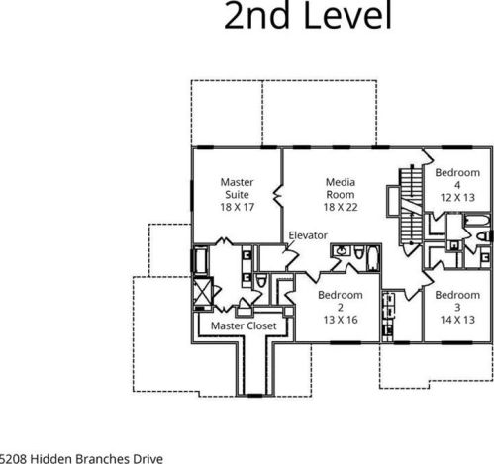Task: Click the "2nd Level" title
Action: (308, 15)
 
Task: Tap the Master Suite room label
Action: (237, 188)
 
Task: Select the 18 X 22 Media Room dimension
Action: (341, 207)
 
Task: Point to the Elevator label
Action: (308, 235)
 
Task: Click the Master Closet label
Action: (244, 325)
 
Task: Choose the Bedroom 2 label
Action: (341, 301)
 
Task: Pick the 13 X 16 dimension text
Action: (341, 320)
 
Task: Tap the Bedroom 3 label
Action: (457, 301)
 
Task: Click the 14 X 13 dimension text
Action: (457, 320)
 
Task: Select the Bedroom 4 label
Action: (457, 178)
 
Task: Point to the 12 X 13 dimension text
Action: (457, 198)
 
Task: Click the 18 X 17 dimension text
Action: (237, 207)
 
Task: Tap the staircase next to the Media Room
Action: (412, 207)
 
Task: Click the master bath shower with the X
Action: (202, 291)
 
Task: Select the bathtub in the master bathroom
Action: (200, 260)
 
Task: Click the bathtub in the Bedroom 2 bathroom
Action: (373, 257)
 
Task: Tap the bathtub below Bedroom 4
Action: (477, 221)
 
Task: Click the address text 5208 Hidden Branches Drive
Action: (81, 459)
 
